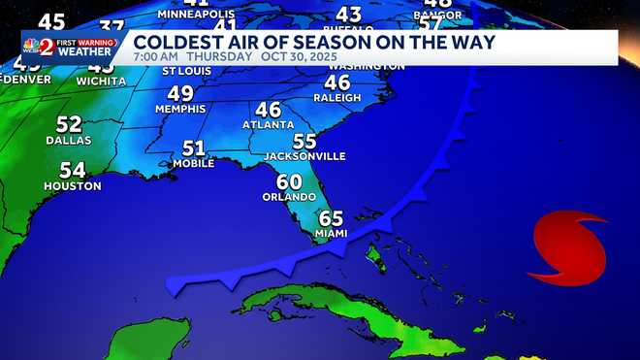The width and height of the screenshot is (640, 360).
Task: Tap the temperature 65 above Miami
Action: point(331,218)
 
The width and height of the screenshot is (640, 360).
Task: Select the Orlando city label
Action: point(289,197)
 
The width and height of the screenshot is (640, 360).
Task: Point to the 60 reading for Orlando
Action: point(289,181)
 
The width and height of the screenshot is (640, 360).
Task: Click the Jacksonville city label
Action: point(304,156)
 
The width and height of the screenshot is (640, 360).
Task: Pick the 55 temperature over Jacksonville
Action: point(304,141)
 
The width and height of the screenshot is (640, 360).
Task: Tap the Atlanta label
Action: point(269,125)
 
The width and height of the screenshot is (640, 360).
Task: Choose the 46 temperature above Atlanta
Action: point(269,110)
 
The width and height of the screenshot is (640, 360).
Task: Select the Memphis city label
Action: point(180,110)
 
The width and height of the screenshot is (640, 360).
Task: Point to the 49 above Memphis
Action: point(180,94)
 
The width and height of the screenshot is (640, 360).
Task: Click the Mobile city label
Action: point(194,164)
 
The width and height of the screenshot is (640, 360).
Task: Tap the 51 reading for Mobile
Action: point(194,148)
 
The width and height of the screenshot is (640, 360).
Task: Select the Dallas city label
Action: point(69,141)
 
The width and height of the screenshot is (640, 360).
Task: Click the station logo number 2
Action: point(46,47)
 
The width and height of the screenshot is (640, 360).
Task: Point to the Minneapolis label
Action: point(196,15)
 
